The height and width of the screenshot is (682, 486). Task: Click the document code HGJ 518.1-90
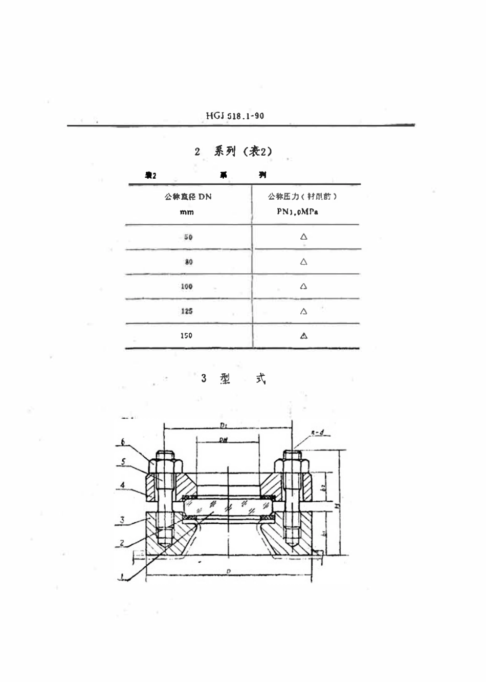click(x=235, y=116)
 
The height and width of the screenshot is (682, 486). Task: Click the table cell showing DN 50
click(x=188, y=237)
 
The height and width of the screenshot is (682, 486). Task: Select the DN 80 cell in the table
click(x=189, y=262)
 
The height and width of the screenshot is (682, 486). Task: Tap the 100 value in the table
click(x=186, y=286)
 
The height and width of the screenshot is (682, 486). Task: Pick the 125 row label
click(x=186, y=311)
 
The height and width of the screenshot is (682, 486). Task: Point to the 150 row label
click(x=186, y=335)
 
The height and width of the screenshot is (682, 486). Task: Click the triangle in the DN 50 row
click(x=303, y=237)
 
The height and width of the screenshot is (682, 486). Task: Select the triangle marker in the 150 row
click(x=303, y=336)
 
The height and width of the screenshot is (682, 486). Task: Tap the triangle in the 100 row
click(x=303, y=286)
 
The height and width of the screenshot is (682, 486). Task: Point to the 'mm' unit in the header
click(x=187, y=212)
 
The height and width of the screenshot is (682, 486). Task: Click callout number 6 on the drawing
click(x=123, y=442)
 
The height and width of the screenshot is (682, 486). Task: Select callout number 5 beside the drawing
click(x=123, y=461)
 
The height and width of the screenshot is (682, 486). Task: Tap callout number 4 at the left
click(x=123, y=484)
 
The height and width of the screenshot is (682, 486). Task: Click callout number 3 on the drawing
click(x=122, y=520)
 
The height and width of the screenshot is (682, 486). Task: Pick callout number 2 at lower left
click(x=122, y=543)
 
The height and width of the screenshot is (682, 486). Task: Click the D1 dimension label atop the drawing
click(x=223, y=426)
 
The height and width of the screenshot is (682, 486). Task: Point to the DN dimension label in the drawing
click(x=223, y=440)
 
